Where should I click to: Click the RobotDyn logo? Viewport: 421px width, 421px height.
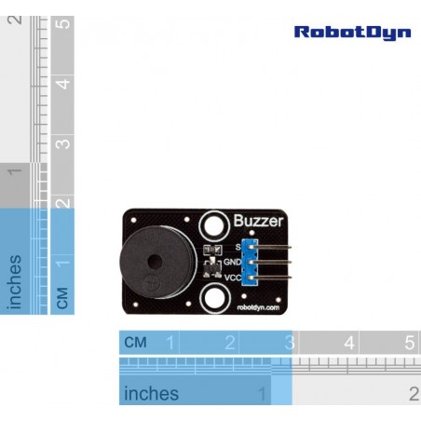click(352, 33)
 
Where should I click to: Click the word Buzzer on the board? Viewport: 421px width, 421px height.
click(258, 221)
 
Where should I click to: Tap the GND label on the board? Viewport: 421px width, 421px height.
click(232, 262)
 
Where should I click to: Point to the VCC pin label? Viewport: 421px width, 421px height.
click(233, 278)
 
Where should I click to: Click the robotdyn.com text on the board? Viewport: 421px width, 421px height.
click(258, 307)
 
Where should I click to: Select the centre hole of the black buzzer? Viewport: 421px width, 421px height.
click(155, 262)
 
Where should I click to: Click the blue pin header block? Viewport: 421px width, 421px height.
click(251, 263)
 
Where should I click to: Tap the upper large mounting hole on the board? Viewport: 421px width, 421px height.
click(214, 225)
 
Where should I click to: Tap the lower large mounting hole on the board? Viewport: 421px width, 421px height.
click(214, 299)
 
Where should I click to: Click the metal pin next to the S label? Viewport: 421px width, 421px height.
click(271, 247)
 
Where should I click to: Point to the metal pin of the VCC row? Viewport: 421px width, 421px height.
click(271, 277)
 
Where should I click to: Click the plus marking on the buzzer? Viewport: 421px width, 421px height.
click(152, 283)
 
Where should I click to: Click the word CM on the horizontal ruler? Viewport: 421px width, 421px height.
click(135, 342)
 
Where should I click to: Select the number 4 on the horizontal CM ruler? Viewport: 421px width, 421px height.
click(349, 343)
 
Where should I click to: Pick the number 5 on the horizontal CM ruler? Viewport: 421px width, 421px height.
click(409, 343)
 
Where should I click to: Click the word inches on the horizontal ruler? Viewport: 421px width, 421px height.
click(151, 393)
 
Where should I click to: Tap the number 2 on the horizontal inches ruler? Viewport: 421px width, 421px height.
click(414, 394)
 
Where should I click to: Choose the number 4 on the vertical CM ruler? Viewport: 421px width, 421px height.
click(62, 84)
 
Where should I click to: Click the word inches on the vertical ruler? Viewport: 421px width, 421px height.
click(15, 282)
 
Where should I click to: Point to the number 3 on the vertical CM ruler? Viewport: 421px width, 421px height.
click(62, 144)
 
